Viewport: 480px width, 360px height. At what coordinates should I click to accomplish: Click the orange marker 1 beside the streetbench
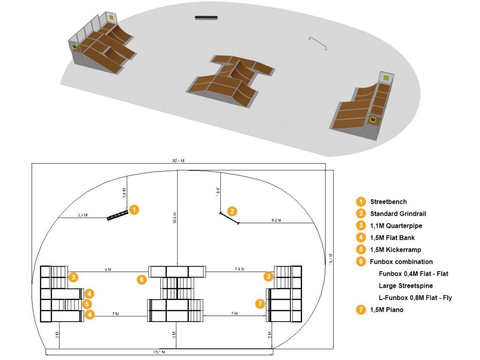point(134,210)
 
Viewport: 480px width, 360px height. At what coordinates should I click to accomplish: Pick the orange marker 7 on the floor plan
point(260,303)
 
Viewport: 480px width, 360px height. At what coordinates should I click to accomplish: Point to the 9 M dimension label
point(108,270)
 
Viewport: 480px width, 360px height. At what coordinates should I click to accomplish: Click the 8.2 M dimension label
point(276,220)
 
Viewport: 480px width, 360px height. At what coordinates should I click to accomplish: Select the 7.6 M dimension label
point(239,270)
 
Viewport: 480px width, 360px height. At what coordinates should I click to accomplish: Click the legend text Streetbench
point(388,202)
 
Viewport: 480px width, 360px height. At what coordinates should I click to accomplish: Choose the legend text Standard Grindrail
point(398,214)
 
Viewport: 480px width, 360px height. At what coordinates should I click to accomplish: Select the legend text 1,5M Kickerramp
point(396,250)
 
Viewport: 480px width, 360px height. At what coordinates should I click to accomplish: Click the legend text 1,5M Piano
point(386,309)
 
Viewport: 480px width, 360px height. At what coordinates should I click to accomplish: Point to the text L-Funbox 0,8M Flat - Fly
point(415,298)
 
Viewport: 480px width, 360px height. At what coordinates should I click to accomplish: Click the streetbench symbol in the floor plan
point(117,216)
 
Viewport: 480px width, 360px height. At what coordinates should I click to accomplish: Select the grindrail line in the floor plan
point(229,218)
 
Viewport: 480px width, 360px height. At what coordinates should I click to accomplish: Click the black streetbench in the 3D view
point(206,18)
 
